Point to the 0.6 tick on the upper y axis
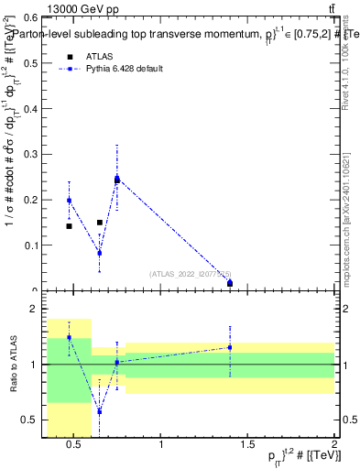pos(34,17)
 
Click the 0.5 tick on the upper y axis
pos(34,63)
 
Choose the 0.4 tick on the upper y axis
pos(34,108)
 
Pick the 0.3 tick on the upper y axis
pos(34,154)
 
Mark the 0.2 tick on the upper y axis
pos(34,199)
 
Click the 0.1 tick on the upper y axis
pos(34,245)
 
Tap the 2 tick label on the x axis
pos(333,445)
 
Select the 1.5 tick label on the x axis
pos(247,445)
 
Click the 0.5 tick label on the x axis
pos(75,445)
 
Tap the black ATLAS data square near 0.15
pos(100,222)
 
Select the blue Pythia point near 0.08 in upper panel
pos(99,253)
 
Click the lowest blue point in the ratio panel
pos(99,411)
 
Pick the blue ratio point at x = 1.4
pos(230,347)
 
